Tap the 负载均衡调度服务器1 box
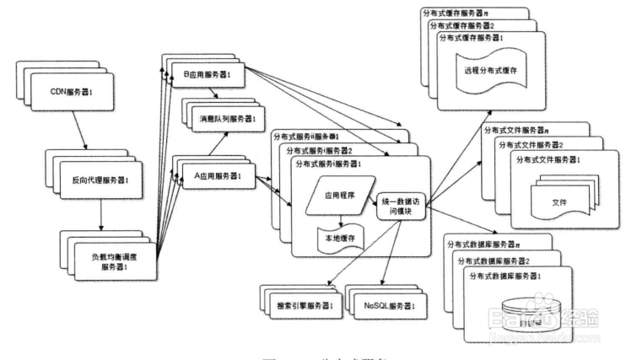coord(107,261)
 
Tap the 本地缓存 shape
coord(338,239)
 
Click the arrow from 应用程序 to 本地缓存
coord(338,218)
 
